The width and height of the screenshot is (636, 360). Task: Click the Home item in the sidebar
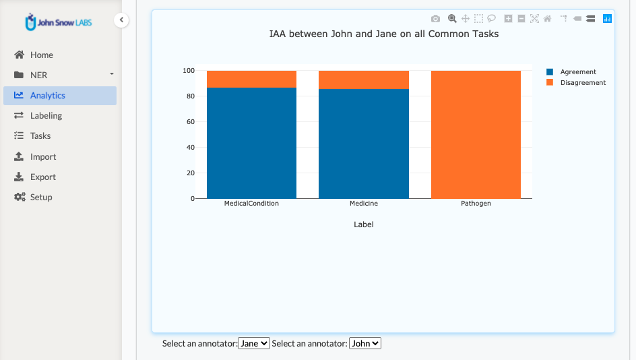click(x=41, y=55)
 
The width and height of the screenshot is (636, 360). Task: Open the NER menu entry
click(x=39, y=76)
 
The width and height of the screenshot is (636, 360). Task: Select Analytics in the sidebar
click(x=47, y=96)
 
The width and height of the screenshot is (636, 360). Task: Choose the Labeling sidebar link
click(x=46, y=116)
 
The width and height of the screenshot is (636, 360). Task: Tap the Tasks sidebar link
click(x=40, y=136)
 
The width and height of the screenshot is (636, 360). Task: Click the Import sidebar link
click(x=43, y=157)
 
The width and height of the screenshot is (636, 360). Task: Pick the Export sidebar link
click(x=43, y=177)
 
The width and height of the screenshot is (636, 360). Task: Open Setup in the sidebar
click(x=41, y=198)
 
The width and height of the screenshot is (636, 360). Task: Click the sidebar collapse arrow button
click(x=121, y=20)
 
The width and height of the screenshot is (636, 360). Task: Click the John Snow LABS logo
click(x=59, y=22)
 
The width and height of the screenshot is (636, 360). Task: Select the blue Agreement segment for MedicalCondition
click(x=251, y=143)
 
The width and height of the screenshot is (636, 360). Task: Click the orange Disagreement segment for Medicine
click(x=363, y=80)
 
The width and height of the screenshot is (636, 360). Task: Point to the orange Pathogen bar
click(x=476, y=135)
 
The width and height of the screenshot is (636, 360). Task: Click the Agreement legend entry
click(x=577, y=72)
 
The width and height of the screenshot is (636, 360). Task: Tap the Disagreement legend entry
click(x=582, y=83)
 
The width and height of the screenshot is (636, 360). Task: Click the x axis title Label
click(x=364, y=224)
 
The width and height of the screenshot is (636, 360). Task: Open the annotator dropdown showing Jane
click(x=254, y=344)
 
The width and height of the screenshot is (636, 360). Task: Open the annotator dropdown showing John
click(x=365, y=344)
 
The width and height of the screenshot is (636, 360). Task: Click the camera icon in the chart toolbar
click(x=436, y=19)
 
